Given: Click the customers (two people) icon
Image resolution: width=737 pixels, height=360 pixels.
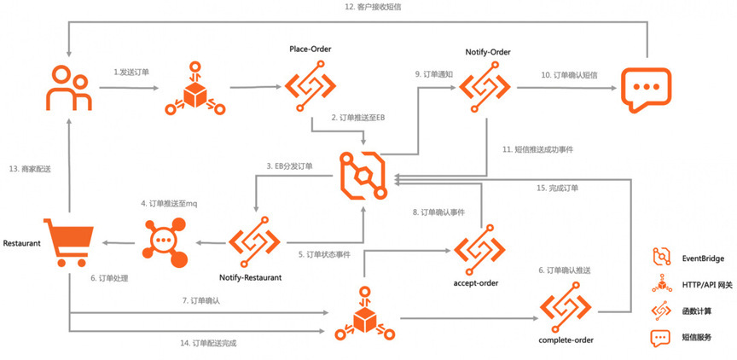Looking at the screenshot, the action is [68, 88].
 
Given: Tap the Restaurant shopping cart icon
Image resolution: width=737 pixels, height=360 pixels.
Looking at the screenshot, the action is [68, 242].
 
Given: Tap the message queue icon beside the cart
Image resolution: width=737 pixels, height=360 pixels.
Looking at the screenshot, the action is [165, 243].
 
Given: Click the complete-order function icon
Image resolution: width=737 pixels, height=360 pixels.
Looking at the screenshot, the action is [566, 308].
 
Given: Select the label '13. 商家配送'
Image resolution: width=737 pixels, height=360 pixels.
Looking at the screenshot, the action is [29, 170].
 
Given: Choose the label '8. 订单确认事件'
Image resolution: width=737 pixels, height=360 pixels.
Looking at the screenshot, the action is [438, 212].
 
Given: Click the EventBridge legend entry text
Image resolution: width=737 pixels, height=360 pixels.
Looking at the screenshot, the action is [703, 258].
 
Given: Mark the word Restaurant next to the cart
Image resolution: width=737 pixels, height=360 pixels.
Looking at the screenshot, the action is [21, 243].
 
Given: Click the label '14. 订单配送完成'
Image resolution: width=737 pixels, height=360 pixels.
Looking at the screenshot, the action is [208, 343].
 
